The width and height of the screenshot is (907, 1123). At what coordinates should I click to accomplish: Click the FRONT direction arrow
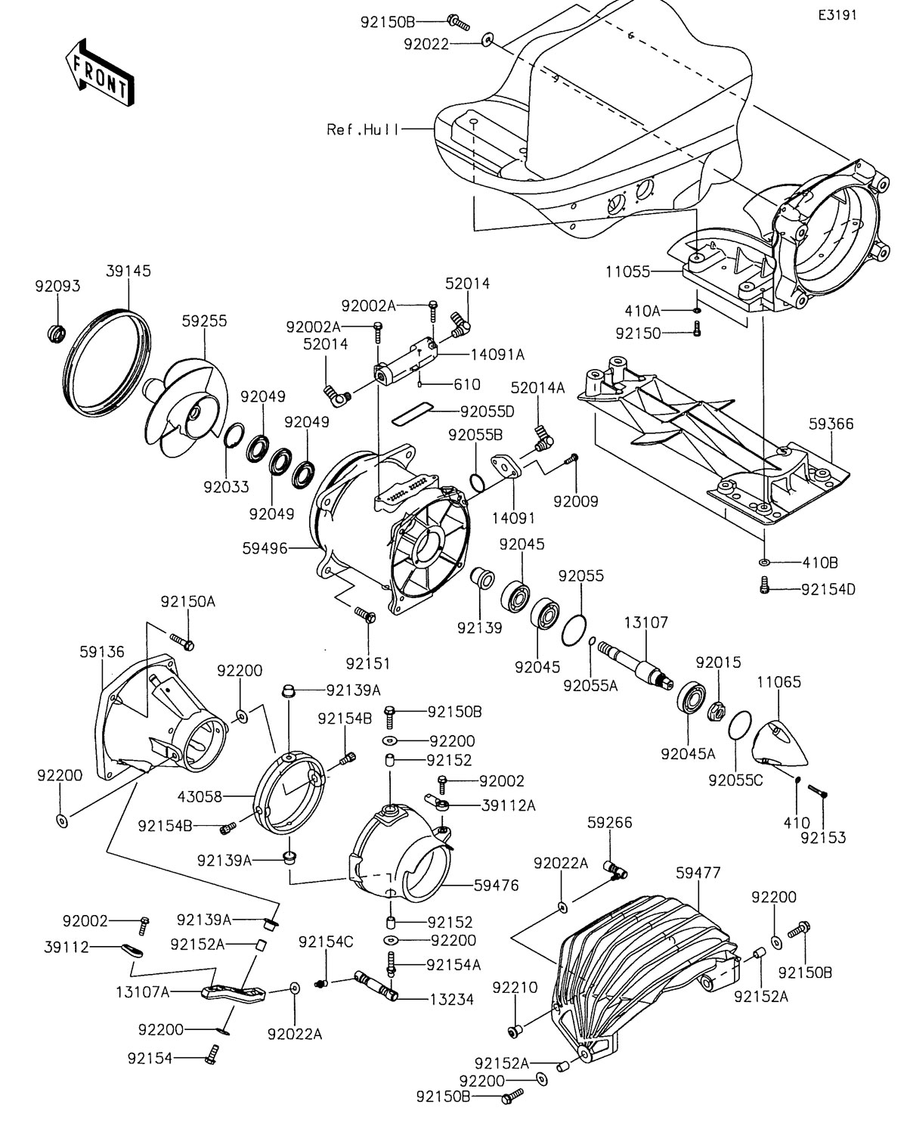click(98, 73)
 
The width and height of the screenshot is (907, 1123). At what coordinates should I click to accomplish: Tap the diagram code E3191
click(836, 15)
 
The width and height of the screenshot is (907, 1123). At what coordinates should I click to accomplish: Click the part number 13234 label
click(450, 999)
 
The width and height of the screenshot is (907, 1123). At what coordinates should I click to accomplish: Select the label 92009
click(576, 500)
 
